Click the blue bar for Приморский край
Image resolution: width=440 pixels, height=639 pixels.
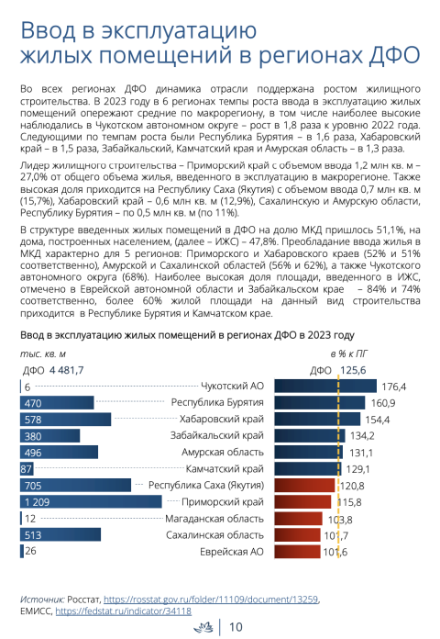(91, 501)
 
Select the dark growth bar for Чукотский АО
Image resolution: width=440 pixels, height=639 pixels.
(325, 386)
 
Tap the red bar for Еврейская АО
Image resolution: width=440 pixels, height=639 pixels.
(298, 552)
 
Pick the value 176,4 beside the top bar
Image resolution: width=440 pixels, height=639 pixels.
(393, 387)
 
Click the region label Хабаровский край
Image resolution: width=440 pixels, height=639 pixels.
(222, 419)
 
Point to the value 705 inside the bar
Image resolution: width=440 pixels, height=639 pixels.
(33, 486)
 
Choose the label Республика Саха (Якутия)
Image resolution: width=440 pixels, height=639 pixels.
(206, 486)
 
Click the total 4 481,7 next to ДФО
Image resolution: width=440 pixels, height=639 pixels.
(66, 370)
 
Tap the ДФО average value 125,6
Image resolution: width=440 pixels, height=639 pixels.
(353, 370)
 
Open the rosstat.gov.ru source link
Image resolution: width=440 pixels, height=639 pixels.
(211, 600)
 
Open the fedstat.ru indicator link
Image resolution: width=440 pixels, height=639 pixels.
(124, 611)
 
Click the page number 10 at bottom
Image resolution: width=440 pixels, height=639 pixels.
(236, 627)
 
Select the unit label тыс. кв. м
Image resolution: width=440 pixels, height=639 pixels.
(43, 353)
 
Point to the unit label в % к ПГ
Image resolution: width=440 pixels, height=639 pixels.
(349, 353)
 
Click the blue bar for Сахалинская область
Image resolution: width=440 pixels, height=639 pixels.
(60, 534)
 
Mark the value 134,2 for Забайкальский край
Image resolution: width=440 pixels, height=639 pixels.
(362, 436)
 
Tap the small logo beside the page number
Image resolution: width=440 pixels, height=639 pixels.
(203, 627)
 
